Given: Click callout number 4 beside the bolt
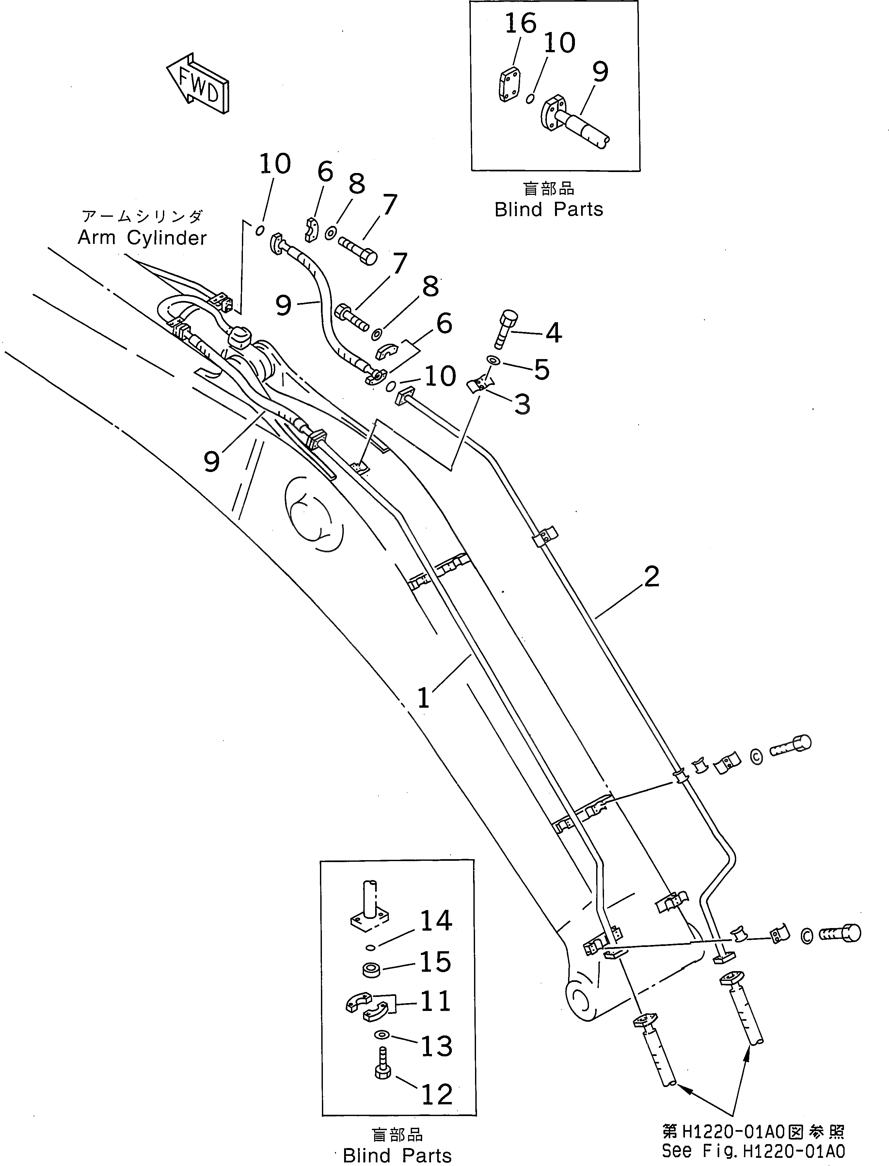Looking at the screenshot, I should click(553, 333).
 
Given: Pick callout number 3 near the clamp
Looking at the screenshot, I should click(522, 405).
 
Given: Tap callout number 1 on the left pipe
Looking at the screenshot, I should click(423, 698).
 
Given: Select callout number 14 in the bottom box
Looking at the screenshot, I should click(436, 921).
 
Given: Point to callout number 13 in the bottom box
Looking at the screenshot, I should click(437, 1046).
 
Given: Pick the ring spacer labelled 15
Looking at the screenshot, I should click(372, 969).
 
